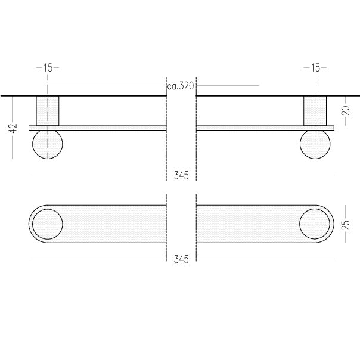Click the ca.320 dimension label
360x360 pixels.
(181, 86)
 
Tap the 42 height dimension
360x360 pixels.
(13, 128)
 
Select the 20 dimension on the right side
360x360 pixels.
(346, 110)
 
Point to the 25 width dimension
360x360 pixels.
(346, 225)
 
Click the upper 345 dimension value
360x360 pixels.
(181, 176)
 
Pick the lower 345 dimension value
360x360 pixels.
(181, 259)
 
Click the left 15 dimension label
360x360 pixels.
(48, 68)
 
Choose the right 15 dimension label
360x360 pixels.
(315, 68)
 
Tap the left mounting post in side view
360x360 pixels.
(48, 111)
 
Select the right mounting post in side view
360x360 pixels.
(315, 111)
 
